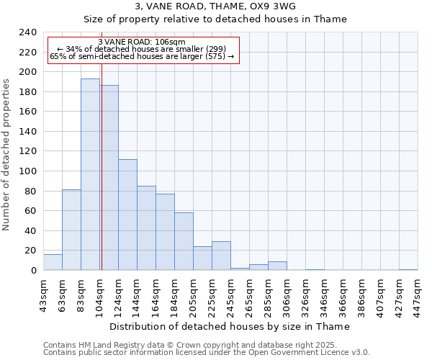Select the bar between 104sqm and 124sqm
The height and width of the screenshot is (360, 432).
click(109, 178)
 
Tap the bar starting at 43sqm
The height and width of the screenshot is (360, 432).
click(53, 263)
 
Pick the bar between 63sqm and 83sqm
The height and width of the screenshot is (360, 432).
click(71, 230)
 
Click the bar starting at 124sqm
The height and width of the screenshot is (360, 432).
click(127, 215)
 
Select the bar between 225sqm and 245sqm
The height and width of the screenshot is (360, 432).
click(221, 256)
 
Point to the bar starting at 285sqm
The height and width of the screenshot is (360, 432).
click(277, 266)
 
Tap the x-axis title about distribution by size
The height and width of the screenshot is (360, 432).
click(230, 326)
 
